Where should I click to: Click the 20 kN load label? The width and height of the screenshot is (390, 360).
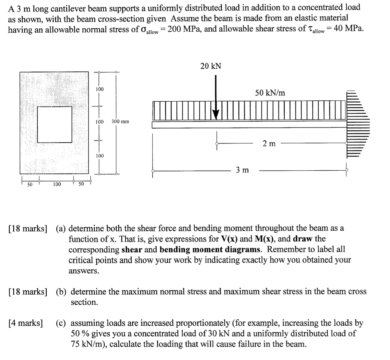click(x=211, y=66)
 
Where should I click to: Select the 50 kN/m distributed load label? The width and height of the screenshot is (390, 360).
click(x=270, y=93)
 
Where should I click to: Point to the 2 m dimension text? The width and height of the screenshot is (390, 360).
click(x=269, y=144)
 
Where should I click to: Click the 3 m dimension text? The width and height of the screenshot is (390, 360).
click(x=242, y=170)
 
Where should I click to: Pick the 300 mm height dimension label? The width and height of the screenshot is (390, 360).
click(x=120, y=122)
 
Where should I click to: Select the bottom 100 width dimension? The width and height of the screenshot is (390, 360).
click(x=57, y=184)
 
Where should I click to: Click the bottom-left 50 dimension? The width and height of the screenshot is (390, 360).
click(x=30, y=184)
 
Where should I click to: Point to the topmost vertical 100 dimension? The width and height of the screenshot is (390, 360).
click(x=100, y=89)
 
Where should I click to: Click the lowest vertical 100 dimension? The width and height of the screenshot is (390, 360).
click(x=100, y=156)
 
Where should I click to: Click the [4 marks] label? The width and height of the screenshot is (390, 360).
click(x=26, y=323)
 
